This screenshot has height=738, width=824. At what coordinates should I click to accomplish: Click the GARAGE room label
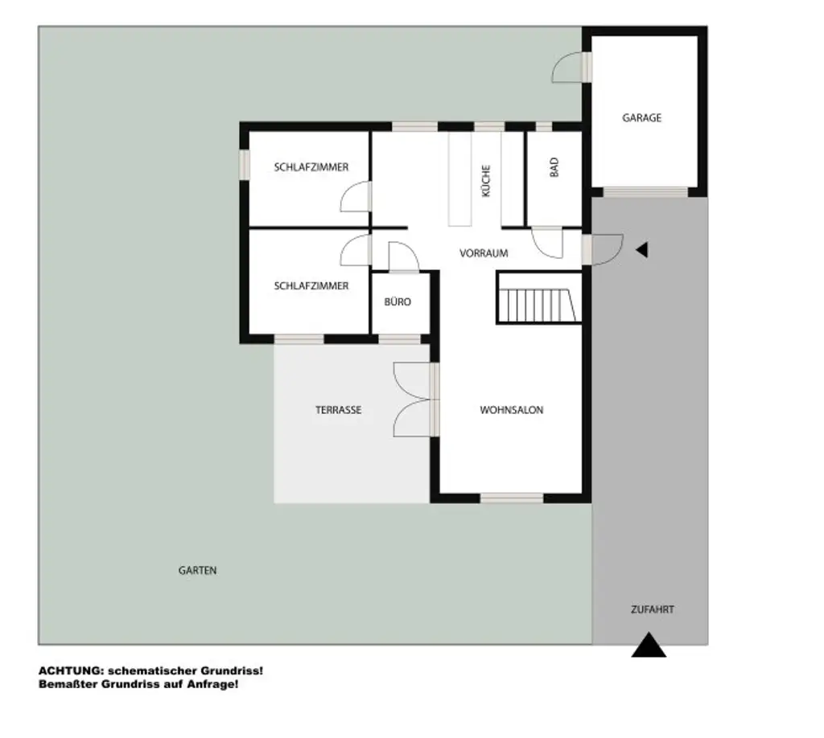[x=641, y=117]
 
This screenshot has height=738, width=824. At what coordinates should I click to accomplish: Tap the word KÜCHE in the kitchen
[x=485, y=181]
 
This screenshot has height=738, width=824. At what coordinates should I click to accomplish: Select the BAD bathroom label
[x=554, y=166]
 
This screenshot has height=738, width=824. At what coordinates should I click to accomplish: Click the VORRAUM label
[x=484, y=252]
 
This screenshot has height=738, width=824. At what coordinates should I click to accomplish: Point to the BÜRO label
[x=398, y=301]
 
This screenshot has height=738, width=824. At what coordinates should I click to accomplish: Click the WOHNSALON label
[x=511, y=410]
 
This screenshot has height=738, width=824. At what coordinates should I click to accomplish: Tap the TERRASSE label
[x=338, y=410]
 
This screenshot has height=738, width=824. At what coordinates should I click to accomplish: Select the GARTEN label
[x=197, y=571]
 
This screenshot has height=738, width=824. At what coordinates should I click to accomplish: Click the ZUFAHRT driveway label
[x=652, y=609]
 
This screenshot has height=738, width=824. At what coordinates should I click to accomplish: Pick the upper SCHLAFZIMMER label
[x=311, y=167]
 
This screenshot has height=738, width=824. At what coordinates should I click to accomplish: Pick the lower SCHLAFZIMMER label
[x=311, y=285]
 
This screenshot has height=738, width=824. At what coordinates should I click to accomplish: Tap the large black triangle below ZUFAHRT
[x=649, y=646]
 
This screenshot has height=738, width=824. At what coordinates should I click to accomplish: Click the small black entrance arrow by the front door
[x=641, y=250]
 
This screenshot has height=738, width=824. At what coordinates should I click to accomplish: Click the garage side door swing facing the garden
[x=569, y=68]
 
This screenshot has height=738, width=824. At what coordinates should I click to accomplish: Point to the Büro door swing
[x=402, y=257]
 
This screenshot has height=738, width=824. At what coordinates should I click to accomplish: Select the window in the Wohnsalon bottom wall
[x=512, y=498]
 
